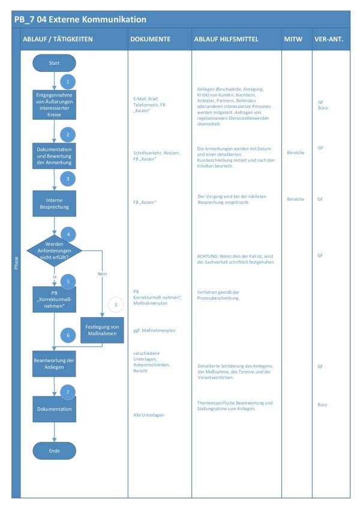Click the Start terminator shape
coord(54,63)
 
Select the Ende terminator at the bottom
coord(54,450)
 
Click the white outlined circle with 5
coord(116,305)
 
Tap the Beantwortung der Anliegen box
coord(54,363)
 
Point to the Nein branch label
coord(101,273)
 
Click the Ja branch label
coord(54,276)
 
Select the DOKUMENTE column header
coord(150,39)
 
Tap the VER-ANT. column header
coord(329,39)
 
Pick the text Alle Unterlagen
coord(149,415)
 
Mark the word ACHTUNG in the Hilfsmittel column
coord(208,256)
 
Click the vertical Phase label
coord(16,262)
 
